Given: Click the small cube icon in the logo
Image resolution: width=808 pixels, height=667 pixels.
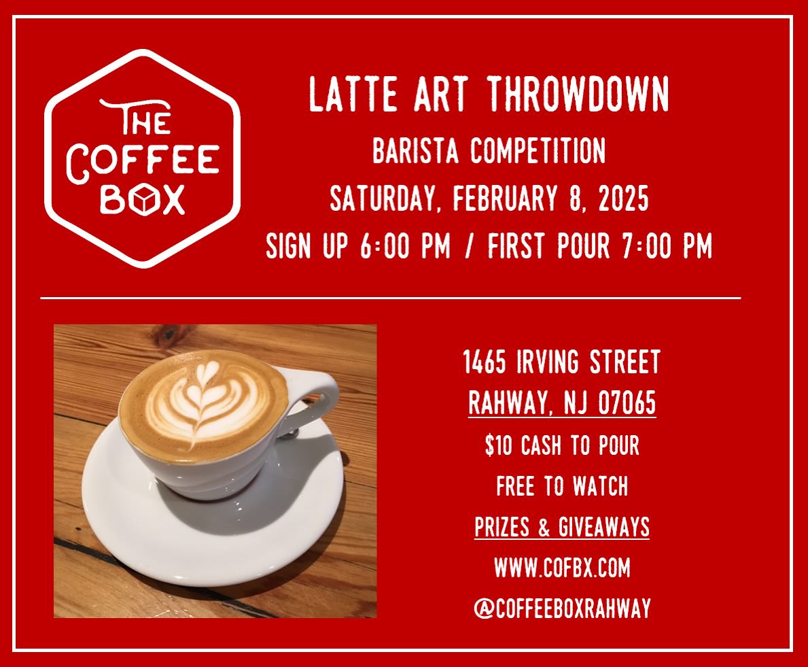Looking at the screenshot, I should (x=143, y=200).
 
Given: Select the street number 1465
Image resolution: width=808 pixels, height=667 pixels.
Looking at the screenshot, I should (x=485, y=362).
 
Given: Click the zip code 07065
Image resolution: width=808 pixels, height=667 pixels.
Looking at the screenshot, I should (x=627, y=404).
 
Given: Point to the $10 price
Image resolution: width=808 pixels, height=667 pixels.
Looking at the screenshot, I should (x=499, y=446).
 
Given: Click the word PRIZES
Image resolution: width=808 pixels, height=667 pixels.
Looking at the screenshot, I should (x=504, y=527).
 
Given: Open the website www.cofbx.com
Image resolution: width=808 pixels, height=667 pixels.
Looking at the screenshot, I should (x=562, y=568).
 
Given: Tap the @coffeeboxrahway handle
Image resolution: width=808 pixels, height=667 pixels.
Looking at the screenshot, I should (x=562, y=609).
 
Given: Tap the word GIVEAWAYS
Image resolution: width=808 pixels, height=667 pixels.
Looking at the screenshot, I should (x=604, y=527).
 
